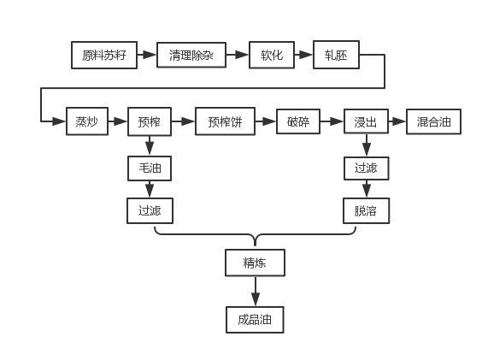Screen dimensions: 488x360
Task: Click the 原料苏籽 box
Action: pos(104,55)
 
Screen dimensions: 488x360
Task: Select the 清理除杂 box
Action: pos(191,55)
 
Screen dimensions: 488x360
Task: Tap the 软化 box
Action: pos(272,55)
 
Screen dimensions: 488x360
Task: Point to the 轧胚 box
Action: pos(336,55)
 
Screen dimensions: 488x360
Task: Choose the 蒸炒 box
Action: pos(87,121)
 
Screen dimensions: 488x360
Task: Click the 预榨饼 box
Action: pos(225,121)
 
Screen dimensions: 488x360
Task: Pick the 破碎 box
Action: pos(298,121)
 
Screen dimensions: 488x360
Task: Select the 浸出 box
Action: pos(366,121)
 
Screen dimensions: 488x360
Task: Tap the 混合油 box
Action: pos(433,121)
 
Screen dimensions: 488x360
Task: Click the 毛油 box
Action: pos(150,168)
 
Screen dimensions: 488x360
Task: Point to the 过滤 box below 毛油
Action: pos(150,211)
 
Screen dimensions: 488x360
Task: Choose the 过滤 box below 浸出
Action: pos(367,168)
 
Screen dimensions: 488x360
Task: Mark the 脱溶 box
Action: pos(367,211)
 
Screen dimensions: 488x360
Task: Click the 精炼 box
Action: pos(255,263)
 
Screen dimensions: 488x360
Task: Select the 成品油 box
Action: pos(255,320)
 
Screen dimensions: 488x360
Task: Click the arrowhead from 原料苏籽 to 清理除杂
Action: pos(150,55)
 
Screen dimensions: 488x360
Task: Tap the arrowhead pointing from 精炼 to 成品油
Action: pos(256,299)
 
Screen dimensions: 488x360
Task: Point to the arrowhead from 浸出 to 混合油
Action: pos(399,121)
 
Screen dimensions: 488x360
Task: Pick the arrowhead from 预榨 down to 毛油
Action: pos(150,148)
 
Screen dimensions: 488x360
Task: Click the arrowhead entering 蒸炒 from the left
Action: pos(59,121)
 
